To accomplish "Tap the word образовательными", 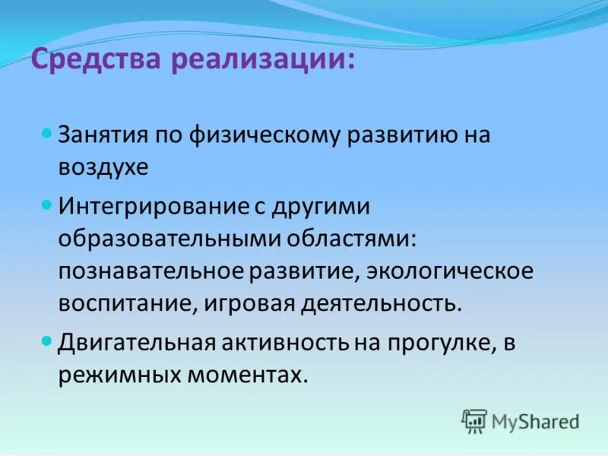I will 169,239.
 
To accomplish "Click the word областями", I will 351,239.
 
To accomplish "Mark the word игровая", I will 246,304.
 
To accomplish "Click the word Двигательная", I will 138,343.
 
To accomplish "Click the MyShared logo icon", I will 474,420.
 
